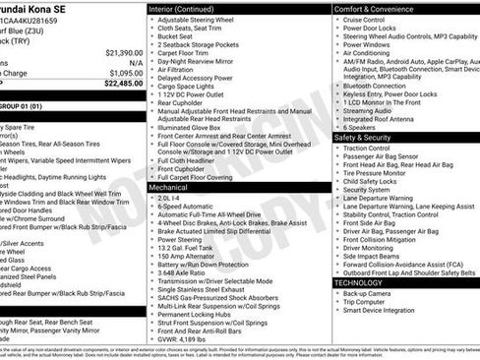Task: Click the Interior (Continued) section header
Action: [x=191, y=8]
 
